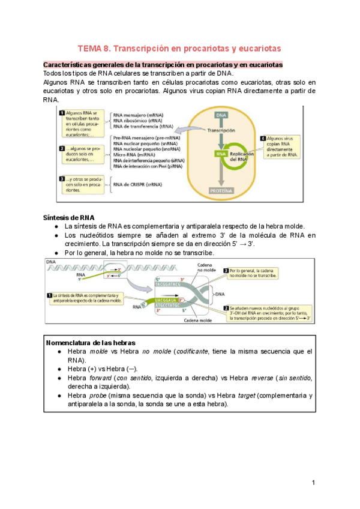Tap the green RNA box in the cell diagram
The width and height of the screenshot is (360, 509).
click(220, 154)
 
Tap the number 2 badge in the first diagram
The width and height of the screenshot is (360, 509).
click(62, 148)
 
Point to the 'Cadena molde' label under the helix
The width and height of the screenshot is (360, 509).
click(198, 321)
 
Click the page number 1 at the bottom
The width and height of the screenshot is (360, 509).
click(314, 483)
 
